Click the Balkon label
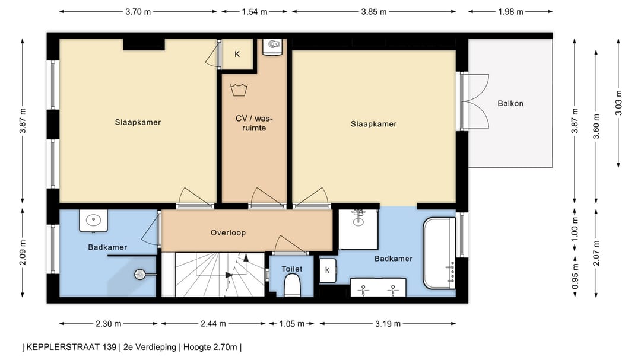(510, 103)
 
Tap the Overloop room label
(228, 233)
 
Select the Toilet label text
(292, 269)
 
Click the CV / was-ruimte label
(254, 123)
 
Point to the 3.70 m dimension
(138, 12)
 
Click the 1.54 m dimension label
(254, 12)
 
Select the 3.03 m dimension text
(618, 103)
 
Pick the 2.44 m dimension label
(213, 324)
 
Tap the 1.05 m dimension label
(291, 324)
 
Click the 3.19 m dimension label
(388, 324)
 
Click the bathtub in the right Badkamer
(439, 253)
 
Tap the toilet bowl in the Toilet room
(292, 285)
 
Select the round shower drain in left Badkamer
(140, 275)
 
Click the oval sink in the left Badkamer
(93, 221)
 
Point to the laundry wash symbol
(239, 90)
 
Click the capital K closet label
(237, 54)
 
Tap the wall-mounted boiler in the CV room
(272, 47)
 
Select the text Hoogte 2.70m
(210, 348)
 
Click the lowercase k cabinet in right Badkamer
(328, 270)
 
